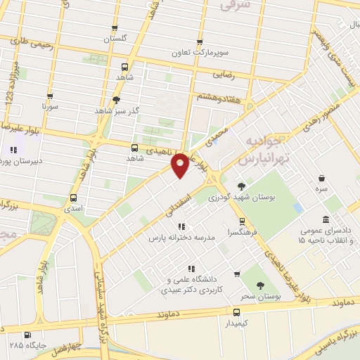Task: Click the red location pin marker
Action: click(x=180, y=165)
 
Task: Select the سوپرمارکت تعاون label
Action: click(x=199, y=53)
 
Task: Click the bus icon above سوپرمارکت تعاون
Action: click(x=200, y=41)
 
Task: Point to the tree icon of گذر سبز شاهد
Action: click(x=116, y=100)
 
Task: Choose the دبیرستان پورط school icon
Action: click(x=13, y=149)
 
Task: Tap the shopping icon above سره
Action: click(x=321, y=178)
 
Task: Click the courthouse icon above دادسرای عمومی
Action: click(x=325, y=219)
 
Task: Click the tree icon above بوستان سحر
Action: click(x=261, y=285)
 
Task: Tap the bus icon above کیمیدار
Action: click(x=235, y=311)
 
